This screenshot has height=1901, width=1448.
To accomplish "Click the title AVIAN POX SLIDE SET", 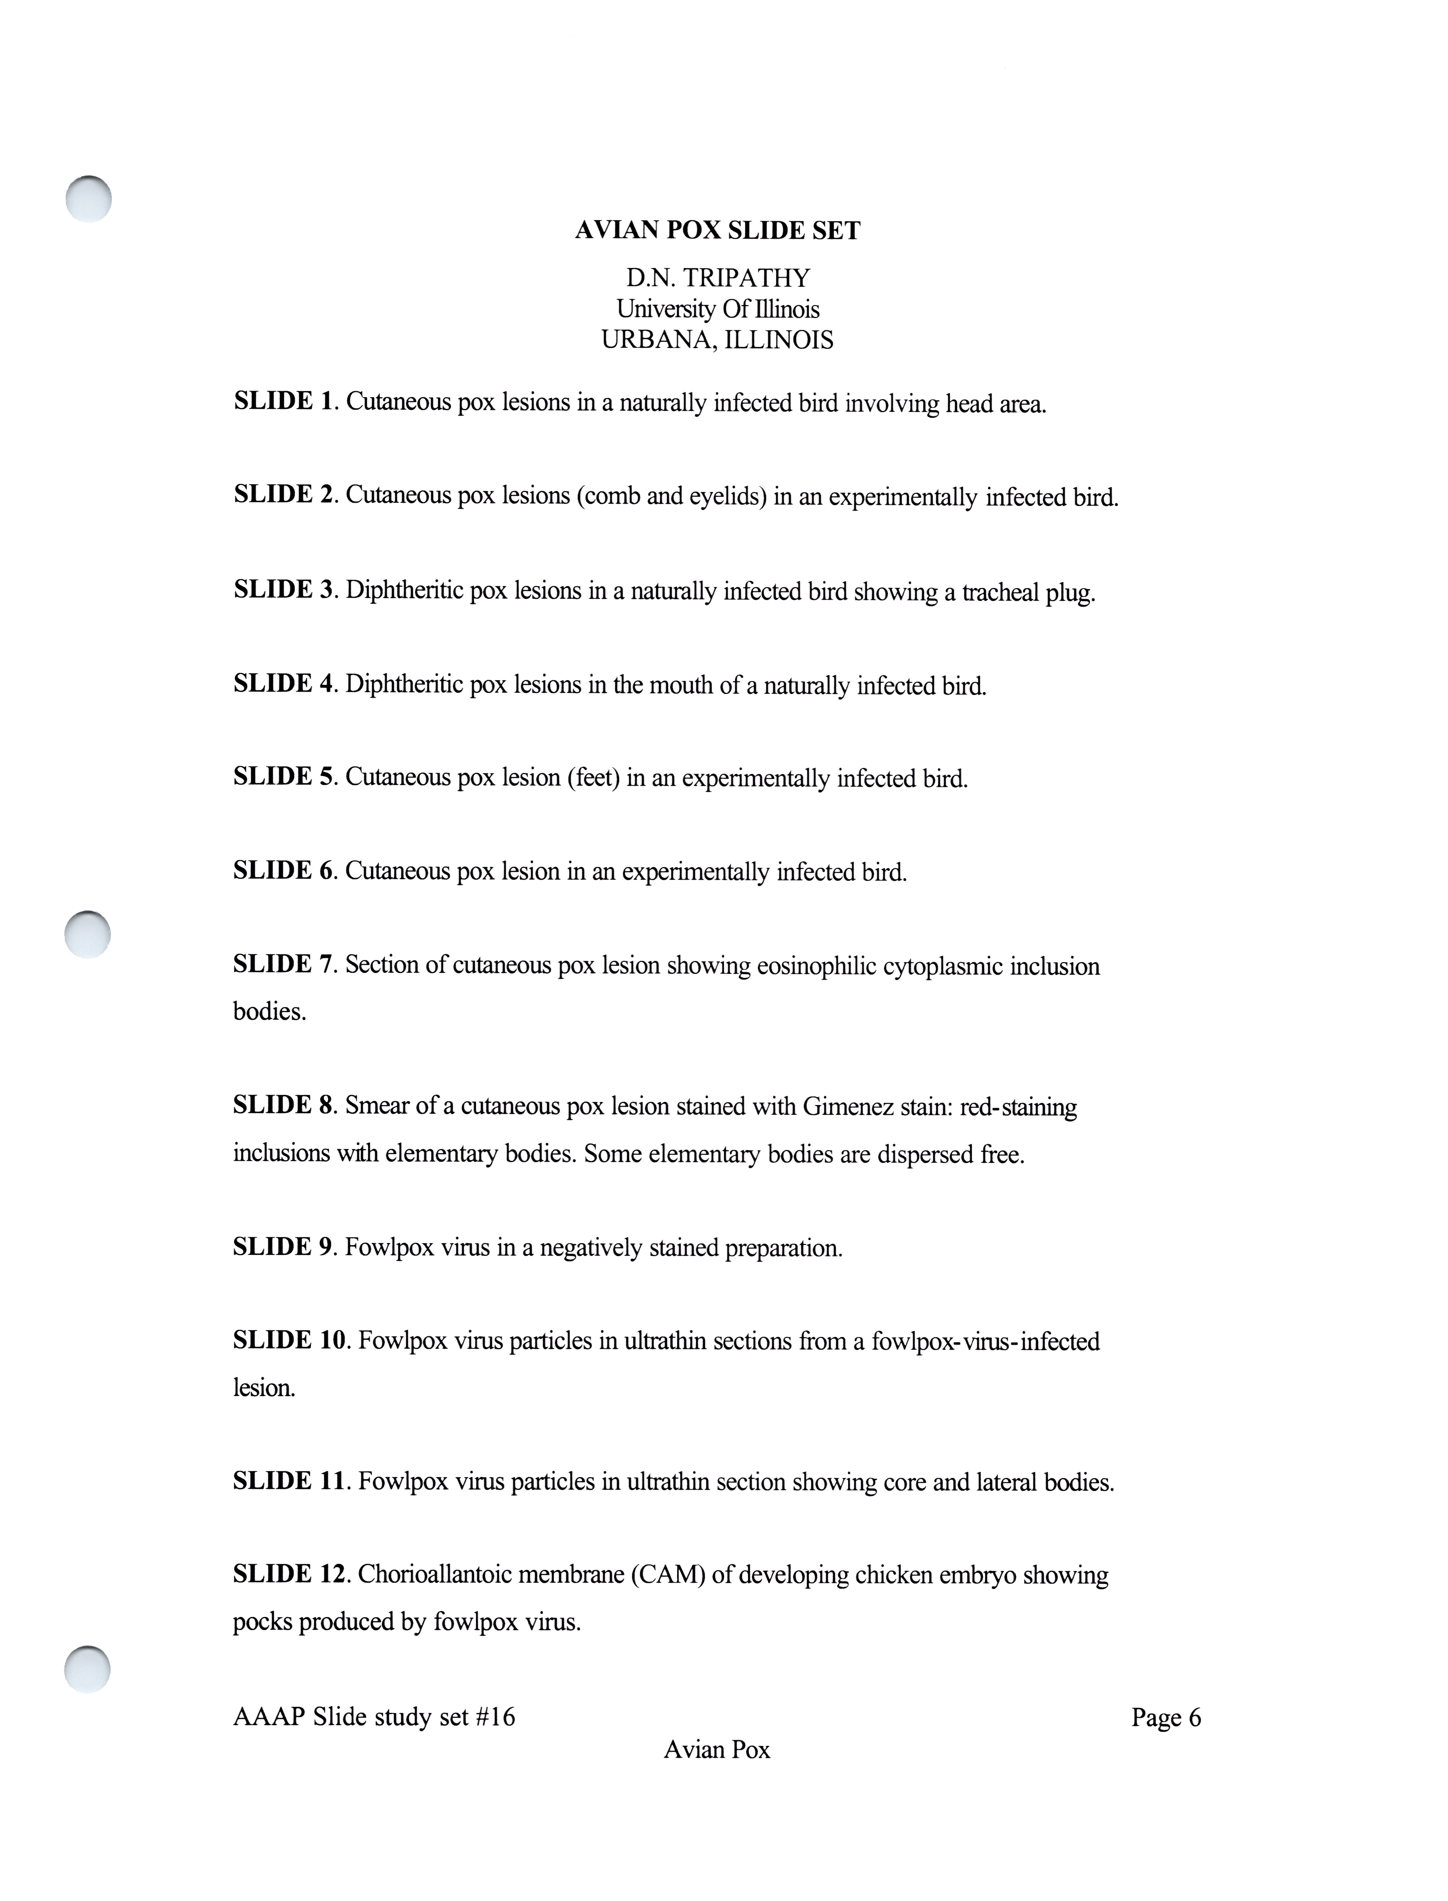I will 717,231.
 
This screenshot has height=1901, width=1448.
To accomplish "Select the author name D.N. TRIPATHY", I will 717,278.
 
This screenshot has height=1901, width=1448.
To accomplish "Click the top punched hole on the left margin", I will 89,199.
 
